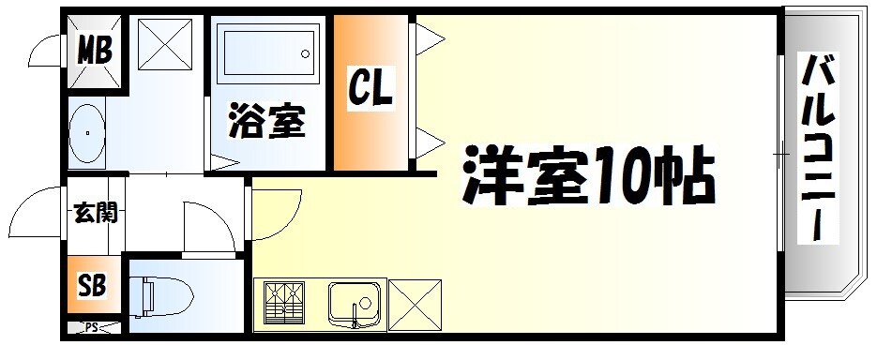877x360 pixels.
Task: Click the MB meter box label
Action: pyautogui.click(x=94, y=50)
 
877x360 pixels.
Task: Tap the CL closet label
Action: pyautogui.click(x=370, y=88)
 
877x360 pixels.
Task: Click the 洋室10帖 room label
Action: pyautogui.click(x=588, y=176)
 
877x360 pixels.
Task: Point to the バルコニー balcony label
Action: pyautogui.click(x=819, y=150)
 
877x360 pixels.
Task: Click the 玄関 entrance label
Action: pyautogui.click(x=95, y=213)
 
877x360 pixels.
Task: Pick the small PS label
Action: pyautogui.click(x=92, y=327)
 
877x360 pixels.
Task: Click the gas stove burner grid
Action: pyautogui.click(x=284, y=303)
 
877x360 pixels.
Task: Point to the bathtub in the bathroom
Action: pyautogui.click(x=268, y=55)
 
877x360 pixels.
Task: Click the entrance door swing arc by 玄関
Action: pyautogui.click(x=38, y=211)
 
